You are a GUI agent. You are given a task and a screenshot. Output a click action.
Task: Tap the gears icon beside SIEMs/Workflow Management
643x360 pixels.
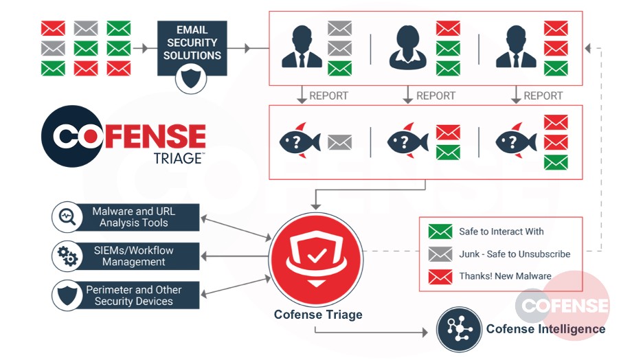(67, 256)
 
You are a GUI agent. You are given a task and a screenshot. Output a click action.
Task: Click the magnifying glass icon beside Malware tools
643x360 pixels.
(67, 217)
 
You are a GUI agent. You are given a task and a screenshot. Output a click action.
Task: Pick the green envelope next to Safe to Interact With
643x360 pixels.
(440, 232)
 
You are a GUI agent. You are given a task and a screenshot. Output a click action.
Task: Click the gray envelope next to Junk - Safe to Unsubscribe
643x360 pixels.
(440, 254)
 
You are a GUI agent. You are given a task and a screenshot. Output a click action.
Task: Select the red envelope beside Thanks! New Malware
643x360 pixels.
(440, 276)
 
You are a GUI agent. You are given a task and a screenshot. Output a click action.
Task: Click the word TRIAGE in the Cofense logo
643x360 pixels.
(177, 158)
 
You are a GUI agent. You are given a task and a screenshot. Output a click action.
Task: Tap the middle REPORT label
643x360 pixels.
(436, 95)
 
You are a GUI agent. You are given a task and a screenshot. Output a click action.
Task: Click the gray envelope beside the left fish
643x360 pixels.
(339, 142)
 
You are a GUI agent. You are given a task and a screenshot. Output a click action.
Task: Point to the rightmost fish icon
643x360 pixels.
(515, 142)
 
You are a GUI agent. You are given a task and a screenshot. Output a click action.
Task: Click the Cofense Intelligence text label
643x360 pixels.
(545, 329)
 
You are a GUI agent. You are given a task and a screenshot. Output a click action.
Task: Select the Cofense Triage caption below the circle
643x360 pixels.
(317, 315)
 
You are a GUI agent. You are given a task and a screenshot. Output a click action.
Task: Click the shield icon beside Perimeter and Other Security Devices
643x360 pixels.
(67, 295)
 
